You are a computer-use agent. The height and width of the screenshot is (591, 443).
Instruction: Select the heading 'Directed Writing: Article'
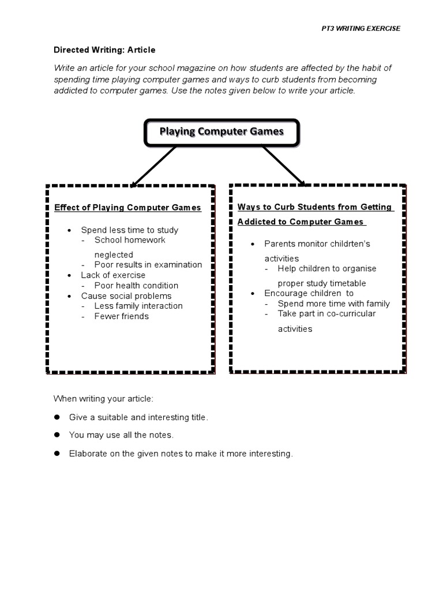point(104,50)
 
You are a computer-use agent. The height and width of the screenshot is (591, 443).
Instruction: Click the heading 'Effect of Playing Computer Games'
point(127,208)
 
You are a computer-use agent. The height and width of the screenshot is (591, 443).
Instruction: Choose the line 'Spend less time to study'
point(129,230)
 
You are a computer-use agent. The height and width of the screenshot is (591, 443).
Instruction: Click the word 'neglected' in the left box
point(114,255)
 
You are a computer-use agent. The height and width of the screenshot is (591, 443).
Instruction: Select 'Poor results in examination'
point(148,264)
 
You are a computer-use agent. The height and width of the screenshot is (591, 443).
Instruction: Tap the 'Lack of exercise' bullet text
point(113,275)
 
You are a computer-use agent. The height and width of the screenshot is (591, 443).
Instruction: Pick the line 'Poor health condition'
point(136,285)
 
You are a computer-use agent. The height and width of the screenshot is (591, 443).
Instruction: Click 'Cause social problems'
point(126,295)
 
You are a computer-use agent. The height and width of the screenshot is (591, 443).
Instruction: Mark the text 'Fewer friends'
point(121,316)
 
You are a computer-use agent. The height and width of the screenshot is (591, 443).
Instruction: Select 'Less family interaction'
point(138,306)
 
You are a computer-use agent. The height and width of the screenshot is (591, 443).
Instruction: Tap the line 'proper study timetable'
point(322,283)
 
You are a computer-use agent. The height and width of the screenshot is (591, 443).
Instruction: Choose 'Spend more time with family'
point(333,304)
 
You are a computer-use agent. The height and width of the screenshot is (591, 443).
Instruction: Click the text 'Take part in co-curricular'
point(326,313)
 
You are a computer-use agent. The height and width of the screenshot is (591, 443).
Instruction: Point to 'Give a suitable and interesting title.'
point(138,417)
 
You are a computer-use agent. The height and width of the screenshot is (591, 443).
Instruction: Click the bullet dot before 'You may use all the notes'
point(57,435)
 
